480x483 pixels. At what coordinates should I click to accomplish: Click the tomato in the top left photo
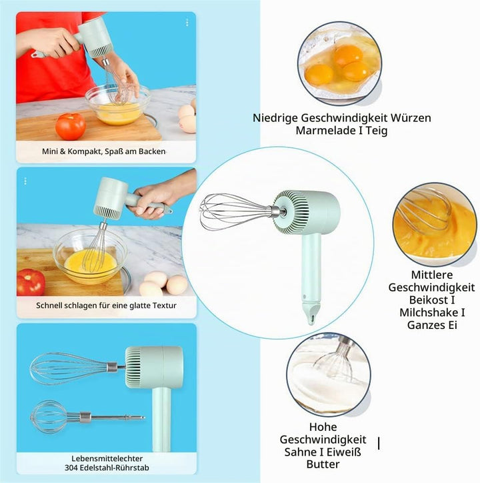[71, 126]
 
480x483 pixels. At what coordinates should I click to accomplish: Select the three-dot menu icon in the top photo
[187, 23]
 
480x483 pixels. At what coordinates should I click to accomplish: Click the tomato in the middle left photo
[31, 282]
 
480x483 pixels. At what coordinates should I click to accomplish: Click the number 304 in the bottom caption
[71, 468]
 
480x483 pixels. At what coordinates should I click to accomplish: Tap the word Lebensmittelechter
[107, 458]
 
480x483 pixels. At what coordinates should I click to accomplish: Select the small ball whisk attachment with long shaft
[87, 417]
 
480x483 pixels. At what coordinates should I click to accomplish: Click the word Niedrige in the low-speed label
[275, 118]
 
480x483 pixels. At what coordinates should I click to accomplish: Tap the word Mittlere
[431, 275]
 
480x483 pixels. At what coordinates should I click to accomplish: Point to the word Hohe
[323, 427]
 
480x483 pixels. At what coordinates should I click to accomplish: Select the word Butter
[323, 464]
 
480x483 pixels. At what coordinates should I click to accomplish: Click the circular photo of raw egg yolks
[339, 64]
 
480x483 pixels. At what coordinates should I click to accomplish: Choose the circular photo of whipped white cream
[329, 375]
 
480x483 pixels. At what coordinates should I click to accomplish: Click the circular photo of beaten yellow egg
[435, 225]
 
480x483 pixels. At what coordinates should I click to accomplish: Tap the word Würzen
[411, 118]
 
